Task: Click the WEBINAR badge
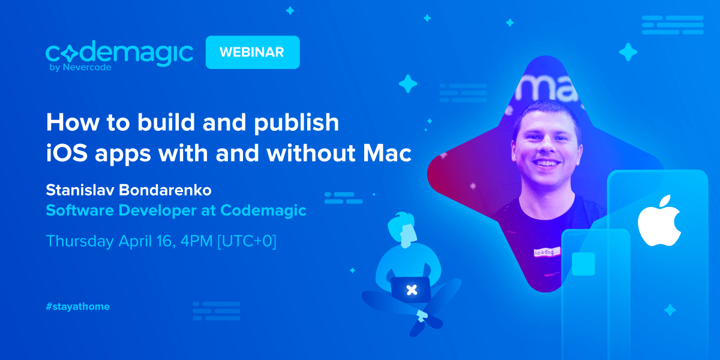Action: [x=253, y=52]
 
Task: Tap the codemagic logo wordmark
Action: [x=119, y=53]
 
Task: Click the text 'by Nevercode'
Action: [x=80, y=67]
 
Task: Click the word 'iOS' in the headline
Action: [x=67, y=152]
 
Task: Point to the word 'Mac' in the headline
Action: [x=387, y=152]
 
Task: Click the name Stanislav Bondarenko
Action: [x=128, y=190]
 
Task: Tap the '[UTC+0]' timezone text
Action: [x=247, y=241]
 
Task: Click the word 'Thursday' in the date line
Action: [x=80, y=241]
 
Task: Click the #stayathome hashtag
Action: [x=78, y=307]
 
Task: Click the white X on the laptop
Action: [x=412, y=290]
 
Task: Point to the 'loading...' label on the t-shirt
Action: [x=547, y=252]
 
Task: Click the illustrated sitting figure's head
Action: [x=403, y=229]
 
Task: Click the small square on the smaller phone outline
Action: [x=583, y=264]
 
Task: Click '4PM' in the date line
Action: [x=196, y=241]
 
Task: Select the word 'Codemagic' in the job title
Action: [x=263, y=211]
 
